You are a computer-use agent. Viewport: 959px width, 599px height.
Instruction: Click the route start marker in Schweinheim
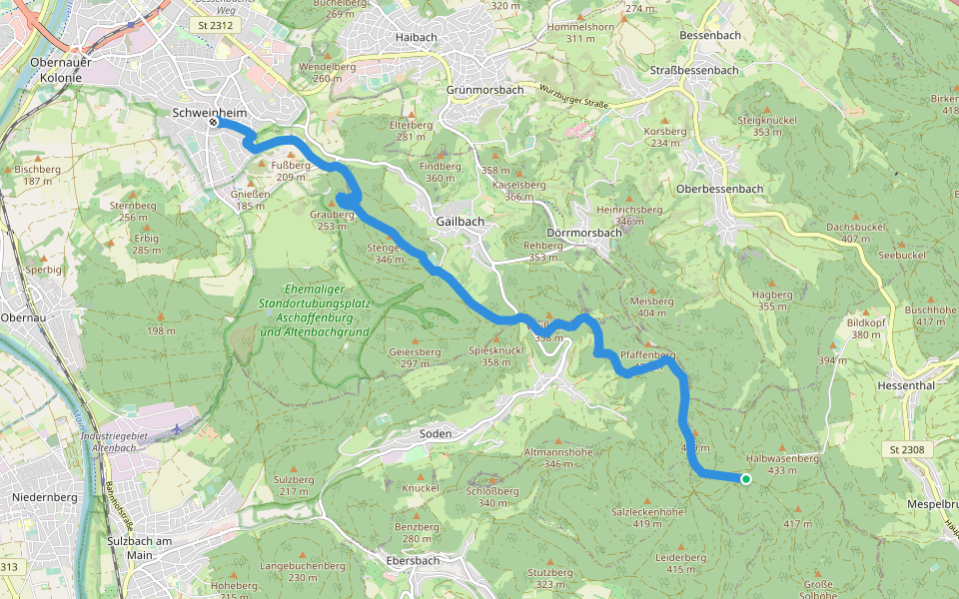(x=214, y=124)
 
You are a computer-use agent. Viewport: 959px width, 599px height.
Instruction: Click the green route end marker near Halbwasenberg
(x=745, y=480)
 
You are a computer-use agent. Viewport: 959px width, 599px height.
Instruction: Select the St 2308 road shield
(x=907, y=450)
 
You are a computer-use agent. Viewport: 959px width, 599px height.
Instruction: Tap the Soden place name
(x=436, y=434)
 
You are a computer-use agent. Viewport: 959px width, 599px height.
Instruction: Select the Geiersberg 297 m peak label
(x=416, y=357)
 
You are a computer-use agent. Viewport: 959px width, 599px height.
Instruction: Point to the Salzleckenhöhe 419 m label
(x=646, y=517)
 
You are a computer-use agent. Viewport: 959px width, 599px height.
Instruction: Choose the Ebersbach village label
(x=413, y=561)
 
